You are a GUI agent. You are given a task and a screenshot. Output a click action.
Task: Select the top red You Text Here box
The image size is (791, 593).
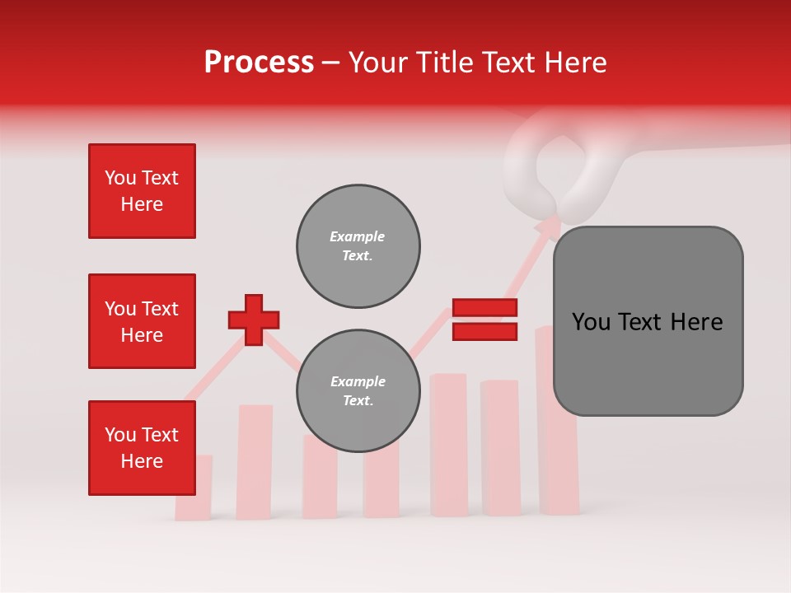pyautogui.click(x=142, y=191)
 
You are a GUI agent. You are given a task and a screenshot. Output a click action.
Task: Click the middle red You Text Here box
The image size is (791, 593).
pyautogui.click(x=142, y=321)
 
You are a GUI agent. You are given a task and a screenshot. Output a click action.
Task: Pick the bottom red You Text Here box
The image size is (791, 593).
pyautogui.click(x=142, y=448)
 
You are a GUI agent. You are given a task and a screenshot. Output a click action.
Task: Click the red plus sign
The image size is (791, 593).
pyautogui.click(x=254, y=320)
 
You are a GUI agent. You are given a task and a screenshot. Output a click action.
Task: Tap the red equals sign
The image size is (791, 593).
pyautogui.click(x=484, y=320)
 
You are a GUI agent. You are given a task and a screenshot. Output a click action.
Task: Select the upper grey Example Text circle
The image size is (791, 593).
pyautogui.click(x=358, y=246)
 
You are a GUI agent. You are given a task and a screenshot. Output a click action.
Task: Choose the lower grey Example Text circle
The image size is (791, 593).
pyautogui.click(x=358, y=391)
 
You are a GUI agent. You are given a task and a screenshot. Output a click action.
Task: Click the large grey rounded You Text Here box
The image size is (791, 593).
pyautogui.click(x=648, y=321)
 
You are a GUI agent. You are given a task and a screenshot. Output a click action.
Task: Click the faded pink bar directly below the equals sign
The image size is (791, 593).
pyautogui.click(x=449, y=445)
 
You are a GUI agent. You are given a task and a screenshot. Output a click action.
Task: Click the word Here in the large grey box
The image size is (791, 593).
pyautogui.click(x=696, y=322)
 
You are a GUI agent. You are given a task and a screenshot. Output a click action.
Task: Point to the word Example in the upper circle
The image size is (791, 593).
pyautogui.click(x=358, y=236)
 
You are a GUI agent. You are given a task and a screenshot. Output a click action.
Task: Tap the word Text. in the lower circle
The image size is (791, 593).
pyautogui.click(x=358, y=401)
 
